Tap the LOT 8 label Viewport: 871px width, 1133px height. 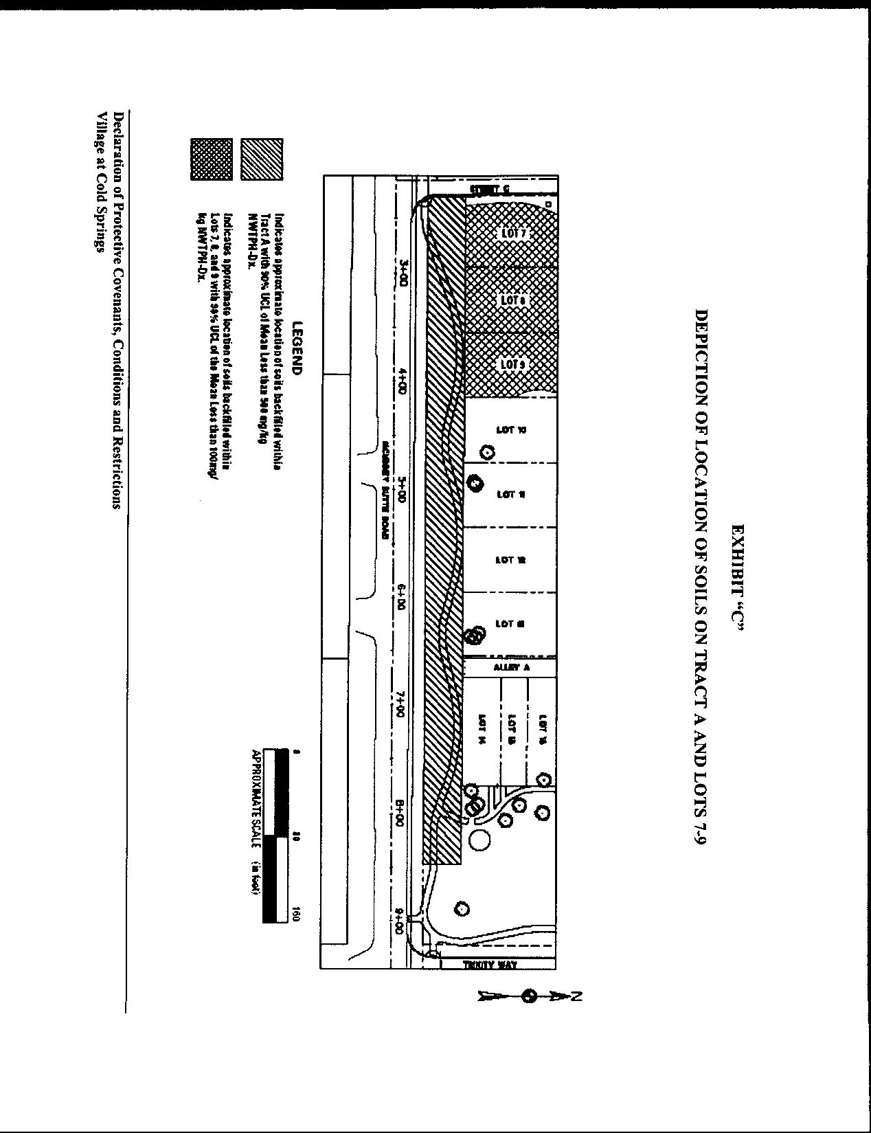pyautogui.click(x=512, y=300)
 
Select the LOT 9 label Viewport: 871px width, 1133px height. pyautogui.click(x=512, y=363)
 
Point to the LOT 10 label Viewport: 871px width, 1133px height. pyautogui.click(x=511, y=430)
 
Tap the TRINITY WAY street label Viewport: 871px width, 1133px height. pyautogui.click(x=490, y=965)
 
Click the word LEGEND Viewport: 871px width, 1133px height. pyautogui.click(x=297, y=348)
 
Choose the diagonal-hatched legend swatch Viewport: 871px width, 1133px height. pyautogui.click(x=262, y=159)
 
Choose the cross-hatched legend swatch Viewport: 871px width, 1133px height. pyautogui.click(x=212, y=159)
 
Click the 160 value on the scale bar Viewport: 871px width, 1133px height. pyautogui.click(x=296, y=915)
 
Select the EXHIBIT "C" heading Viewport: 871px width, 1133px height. pyautogui.click(x=738, y=577)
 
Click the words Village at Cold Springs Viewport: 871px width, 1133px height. pyautogui.click(x=102, y=182)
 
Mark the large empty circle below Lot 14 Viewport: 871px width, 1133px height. pyautogui.click(x=480, y=839)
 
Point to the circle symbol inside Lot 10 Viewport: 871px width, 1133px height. pyautogui.click(x=487, y=452)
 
